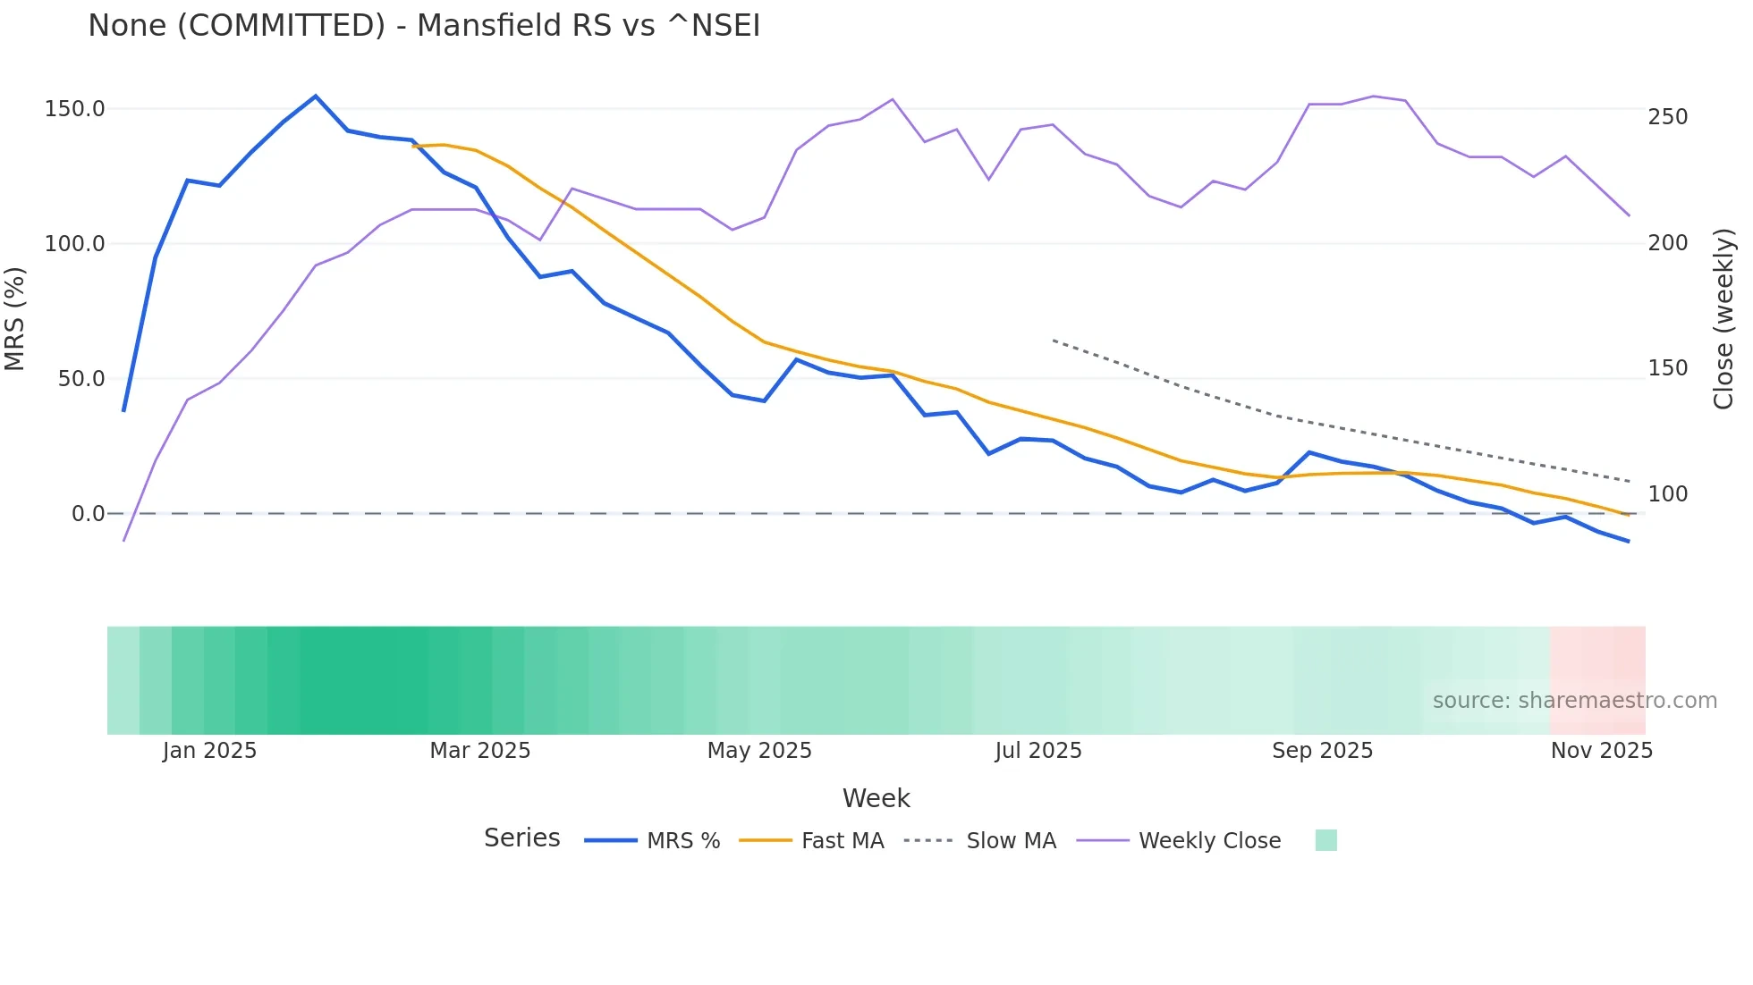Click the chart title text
coord(424,26)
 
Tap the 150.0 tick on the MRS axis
coord(75,109)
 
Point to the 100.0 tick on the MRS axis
coord(75,244)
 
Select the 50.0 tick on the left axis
coord(81,379)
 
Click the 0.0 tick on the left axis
coord(88,514)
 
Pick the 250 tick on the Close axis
coord(1668,117)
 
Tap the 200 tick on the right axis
coord(1668,243)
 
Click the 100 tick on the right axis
coord(1668,494)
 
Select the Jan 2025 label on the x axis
coord(209,751)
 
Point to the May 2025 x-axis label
coord(759,751)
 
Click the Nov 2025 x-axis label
coord(1601,751)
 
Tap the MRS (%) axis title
coord(15,318)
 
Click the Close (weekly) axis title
coord(1723,318)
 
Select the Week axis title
coord(876,798)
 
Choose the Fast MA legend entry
coord(842,841)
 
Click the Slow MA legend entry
coord(1011,841)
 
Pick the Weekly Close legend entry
coord(1209,841)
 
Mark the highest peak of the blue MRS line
coord(316,96)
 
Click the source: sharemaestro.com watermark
coord(1574,701)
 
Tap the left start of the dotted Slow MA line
coord(1054,341)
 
